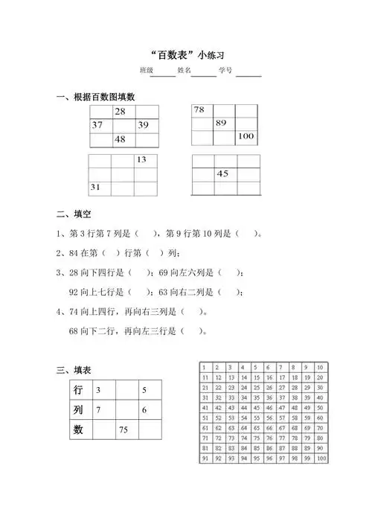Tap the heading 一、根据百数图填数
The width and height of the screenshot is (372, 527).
point(101,98)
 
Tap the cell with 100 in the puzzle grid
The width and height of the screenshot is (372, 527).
point(246,137)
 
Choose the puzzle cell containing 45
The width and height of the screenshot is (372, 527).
point(222,173)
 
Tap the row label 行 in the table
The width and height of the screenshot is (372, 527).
point(78,390)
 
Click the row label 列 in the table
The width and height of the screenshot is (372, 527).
point(78,410)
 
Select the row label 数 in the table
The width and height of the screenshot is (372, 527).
point(78,429)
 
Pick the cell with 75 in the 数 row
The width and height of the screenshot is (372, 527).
point(124,429)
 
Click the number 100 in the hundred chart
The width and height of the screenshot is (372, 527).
point(320,459)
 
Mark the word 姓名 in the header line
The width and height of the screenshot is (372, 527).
point(185,71)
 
